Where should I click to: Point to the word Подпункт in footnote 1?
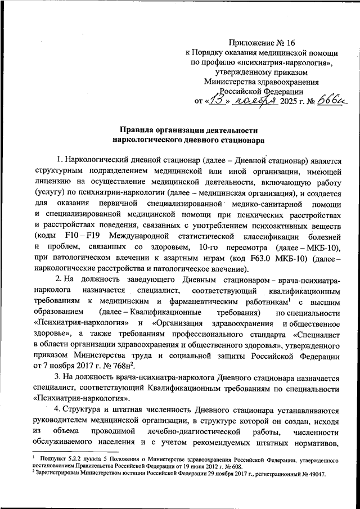pos(54,460)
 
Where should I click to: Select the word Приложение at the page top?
pos(251,42)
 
